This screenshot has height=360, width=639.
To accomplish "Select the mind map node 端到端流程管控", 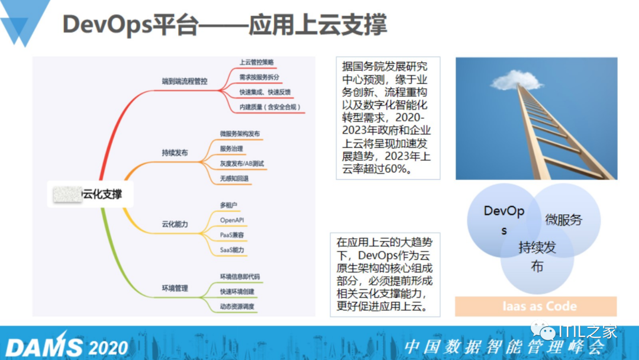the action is point(185,81).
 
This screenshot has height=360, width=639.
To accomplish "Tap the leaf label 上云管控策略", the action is point(256,62).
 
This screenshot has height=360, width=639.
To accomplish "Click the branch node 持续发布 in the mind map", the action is point(175,153).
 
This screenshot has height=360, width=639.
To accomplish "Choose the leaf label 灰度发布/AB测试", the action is point(242,163).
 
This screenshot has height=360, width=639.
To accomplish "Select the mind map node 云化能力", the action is point(175,224).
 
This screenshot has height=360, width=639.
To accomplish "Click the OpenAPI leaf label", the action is point(232,220).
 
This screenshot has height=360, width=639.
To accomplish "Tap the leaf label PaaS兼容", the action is point(233,235).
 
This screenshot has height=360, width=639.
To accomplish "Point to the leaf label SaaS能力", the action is point(232,250).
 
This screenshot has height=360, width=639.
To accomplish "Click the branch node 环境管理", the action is point(175,288).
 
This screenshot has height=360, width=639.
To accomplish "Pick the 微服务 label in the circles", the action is point(563,220).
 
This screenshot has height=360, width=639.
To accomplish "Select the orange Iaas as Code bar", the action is point(535,307).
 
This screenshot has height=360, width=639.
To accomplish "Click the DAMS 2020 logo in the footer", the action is point(66,346).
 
